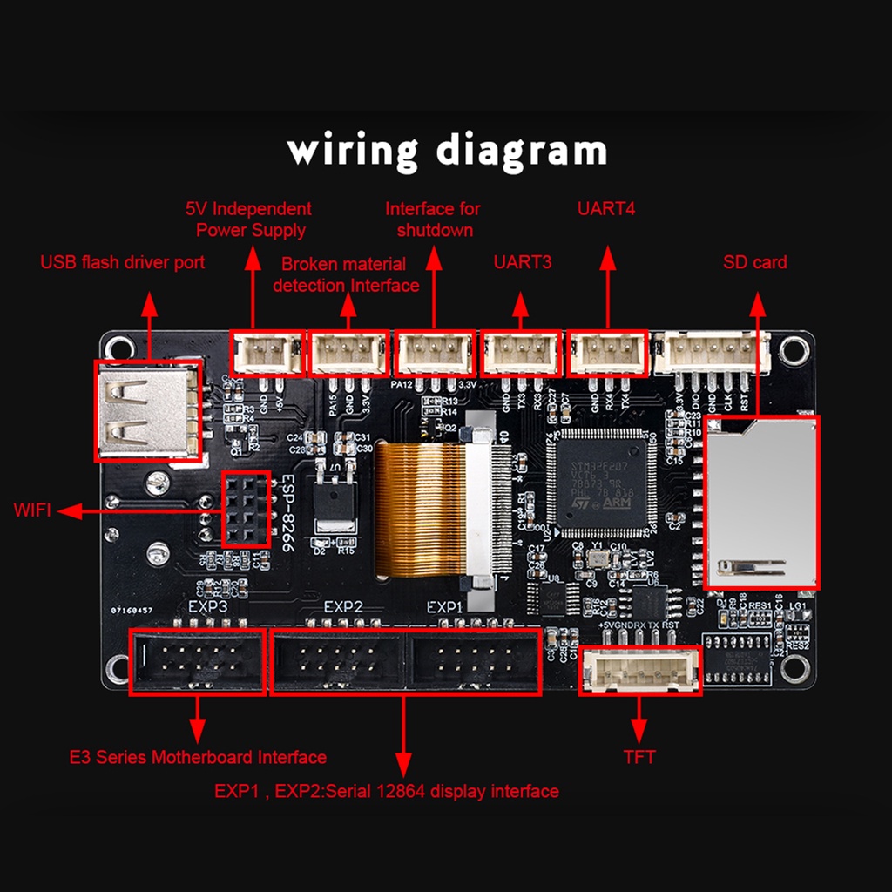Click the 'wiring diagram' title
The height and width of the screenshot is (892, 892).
446,150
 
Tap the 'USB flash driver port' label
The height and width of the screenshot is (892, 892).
123,262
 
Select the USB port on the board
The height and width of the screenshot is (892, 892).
146,410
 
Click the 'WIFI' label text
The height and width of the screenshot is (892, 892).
32,510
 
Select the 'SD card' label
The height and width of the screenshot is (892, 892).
754,262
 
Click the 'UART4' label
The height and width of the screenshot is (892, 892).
607,209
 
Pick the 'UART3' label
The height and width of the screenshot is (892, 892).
523,262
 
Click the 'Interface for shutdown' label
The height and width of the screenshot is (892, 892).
434,220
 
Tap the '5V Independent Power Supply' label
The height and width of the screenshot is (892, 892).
249,220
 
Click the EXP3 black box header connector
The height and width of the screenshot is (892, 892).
197,660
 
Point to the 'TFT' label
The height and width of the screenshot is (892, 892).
639,757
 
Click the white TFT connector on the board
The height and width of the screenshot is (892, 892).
640,670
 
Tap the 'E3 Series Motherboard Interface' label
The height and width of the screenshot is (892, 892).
198,758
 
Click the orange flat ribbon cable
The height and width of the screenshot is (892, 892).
419,510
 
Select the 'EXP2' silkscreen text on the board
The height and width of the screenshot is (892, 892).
342,607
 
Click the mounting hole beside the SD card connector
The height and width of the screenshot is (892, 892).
792,350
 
